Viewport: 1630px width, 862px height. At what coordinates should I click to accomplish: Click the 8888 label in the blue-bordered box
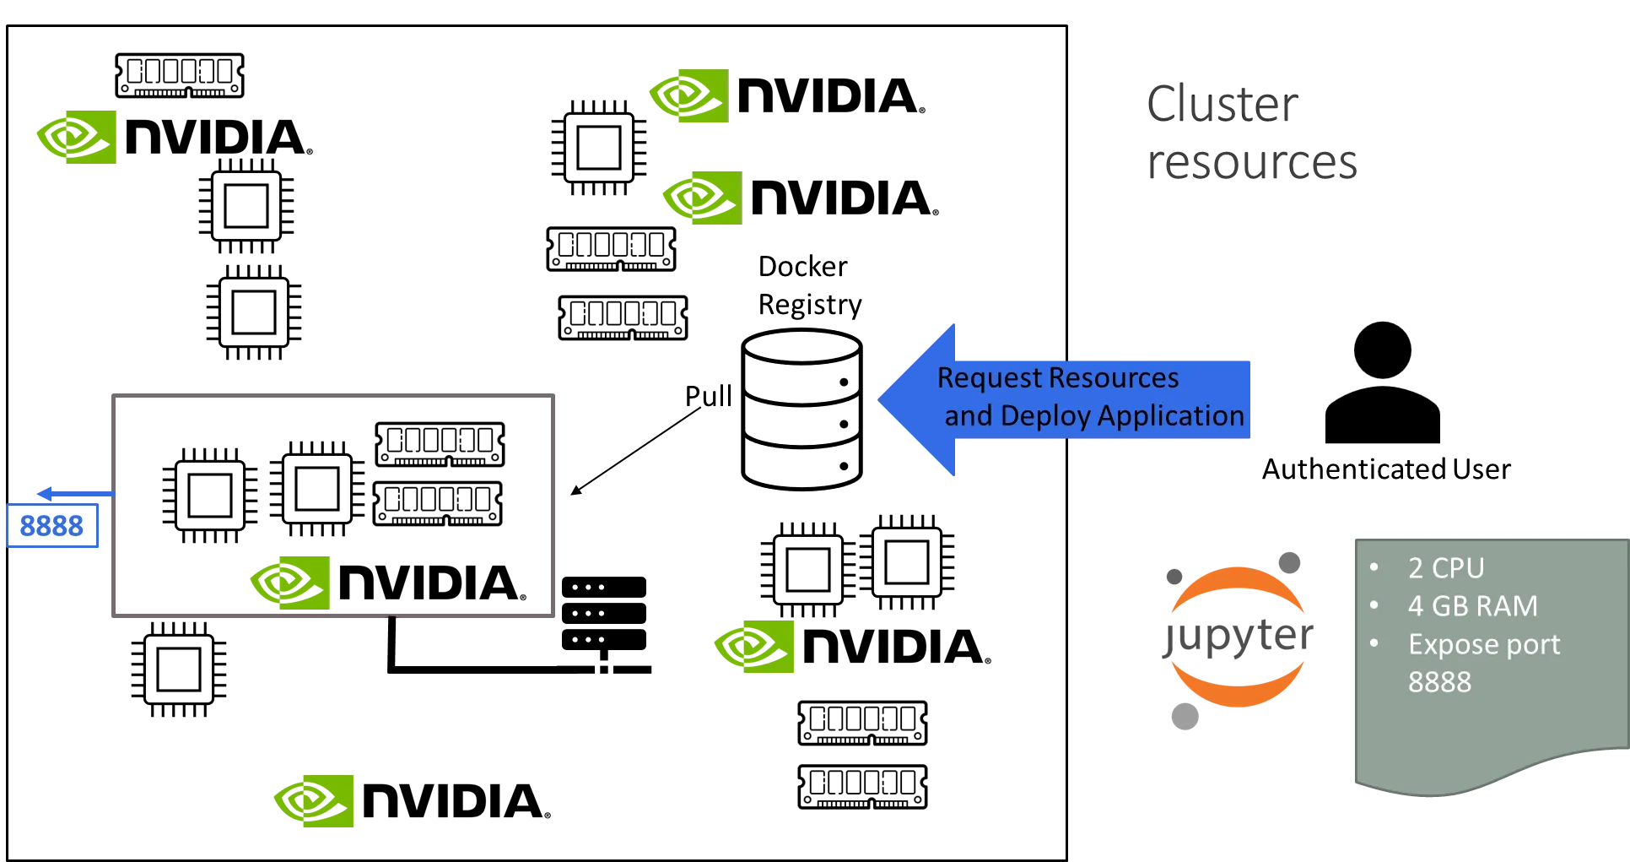[x=51, y=527]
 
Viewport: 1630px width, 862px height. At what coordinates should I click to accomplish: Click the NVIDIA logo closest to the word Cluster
[x=688, y=97]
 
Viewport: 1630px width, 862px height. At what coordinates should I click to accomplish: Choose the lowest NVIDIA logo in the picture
[x=315, y=799]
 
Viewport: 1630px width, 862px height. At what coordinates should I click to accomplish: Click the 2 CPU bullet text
[x=1445, y=568]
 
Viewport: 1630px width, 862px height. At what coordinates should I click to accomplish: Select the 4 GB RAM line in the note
[x=1472, y=606]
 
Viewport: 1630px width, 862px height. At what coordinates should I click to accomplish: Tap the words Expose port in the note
[x=1484, y=644]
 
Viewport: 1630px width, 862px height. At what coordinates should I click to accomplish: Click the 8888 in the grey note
[x=1439, y=682]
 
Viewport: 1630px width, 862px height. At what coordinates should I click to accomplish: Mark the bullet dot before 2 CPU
[x=1374, y=568]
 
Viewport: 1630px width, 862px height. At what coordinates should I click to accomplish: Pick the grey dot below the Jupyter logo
[x=1184, y=718]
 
